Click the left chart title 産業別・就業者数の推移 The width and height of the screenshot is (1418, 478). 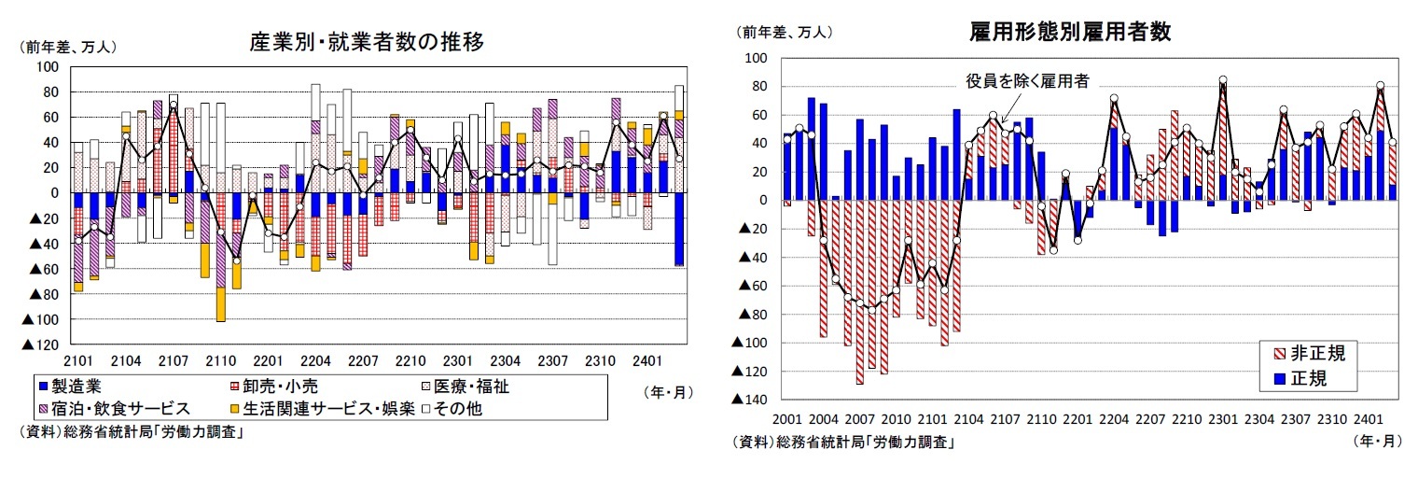(366, 42)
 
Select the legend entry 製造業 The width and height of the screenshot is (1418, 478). (73, 385)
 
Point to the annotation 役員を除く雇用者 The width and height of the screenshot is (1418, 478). (1026, 81)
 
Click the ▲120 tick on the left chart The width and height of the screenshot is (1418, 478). (41, 344)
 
